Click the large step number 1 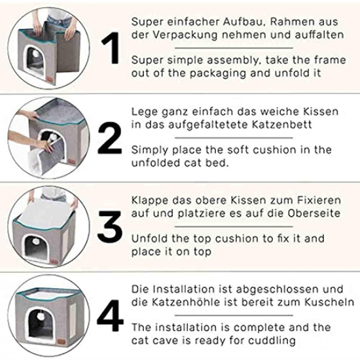111,48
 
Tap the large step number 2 110,137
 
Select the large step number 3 110,227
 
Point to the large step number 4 110,315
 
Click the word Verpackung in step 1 185,35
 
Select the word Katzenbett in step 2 282,124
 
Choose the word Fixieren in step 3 319,200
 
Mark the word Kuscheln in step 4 329,302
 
